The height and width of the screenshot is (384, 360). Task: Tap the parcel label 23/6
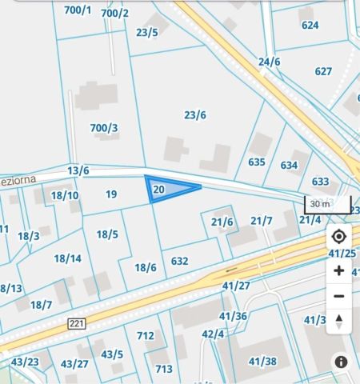[x=195, y=115]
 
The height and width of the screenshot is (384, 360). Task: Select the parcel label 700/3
[x=104, y=128]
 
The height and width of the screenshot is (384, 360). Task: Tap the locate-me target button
[x=338, y=237]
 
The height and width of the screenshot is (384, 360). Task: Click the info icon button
[x=341, y=362]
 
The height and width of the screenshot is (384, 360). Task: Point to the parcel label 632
[x=180, y=261]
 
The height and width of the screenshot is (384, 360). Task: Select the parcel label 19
[x=111, y=194]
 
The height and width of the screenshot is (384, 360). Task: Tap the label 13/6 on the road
[x=78, y=170]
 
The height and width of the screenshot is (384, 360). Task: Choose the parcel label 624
[x=310, y=25]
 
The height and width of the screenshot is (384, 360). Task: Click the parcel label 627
[x=323, y=71]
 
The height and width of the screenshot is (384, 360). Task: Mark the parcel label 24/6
[x=270, y=62]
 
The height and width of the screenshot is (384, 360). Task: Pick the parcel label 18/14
[x=68, y=258]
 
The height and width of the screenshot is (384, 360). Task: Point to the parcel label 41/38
[x=262, y=361]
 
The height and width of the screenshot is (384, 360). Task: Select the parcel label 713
[x=164, y=369]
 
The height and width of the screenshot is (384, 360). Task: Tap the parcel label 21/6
[x=222, y=222]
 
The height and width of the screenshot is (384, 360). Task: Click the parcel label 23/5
[x=147, y=32]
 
